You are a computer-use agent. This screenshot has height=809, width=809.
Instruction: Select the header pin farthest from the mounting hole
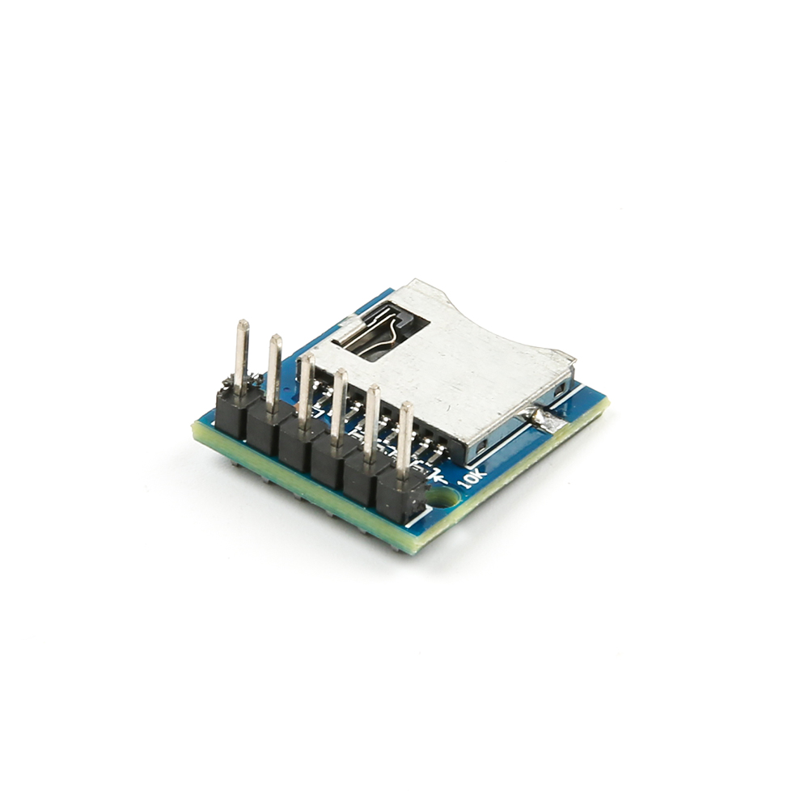pos(241,356)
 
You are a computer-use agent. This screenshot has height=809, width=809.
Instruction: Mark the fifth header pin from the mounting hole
pos(274,372)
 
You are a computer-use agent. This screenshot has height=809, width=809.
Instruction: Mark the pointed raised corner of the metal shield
pos(416,283)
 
